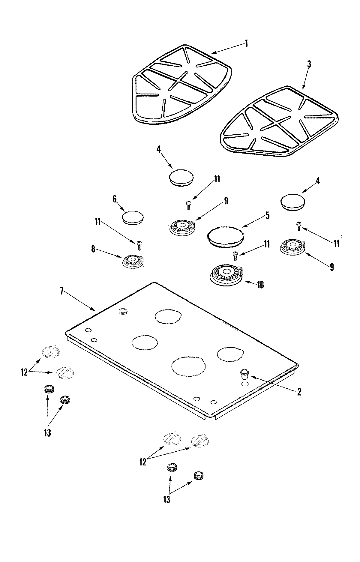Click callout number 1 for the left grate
point(246,43)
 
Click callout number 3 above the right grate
point(309,64)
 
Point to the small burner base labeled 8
point(133,261)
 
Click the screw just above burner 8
point(139,245)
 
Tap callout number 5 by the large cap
point(267,215)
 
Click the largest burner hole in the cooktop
point(189,366)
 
